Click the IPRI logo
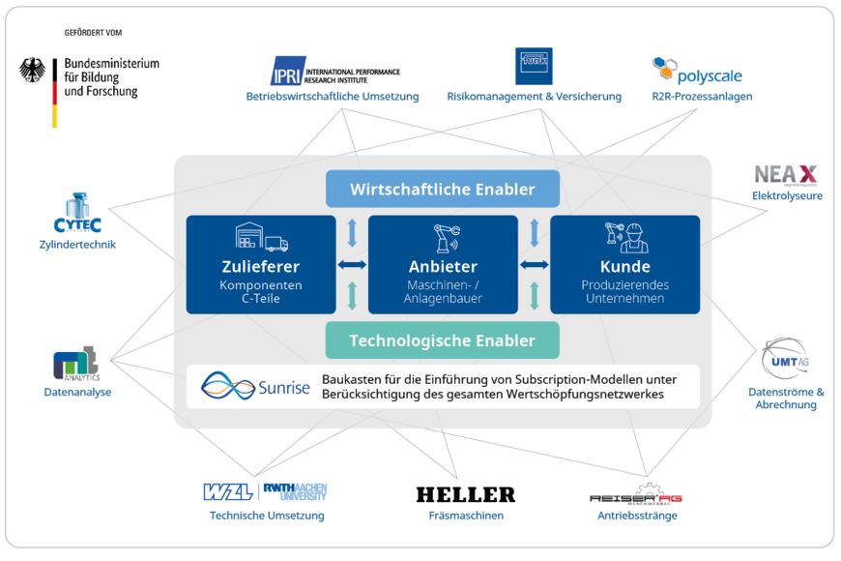(288, 71)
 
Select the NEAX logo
(785, 175)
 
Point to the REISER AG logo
(636, 495)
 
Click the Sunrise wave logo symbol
(228, 387)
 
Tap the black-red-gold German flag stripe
(55, 104)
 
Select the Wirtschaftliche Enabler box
(443, 189)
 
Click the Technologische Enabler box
(443, 340)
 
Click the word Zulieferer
(260, 267)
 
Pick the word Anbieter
(443, 267)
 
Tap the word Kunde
(624, 267)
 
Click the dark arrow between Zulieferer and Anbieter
(352, 264)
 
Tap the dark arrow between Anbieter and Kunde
(534, 264)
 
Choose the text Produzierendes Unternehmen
(624, 292)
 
